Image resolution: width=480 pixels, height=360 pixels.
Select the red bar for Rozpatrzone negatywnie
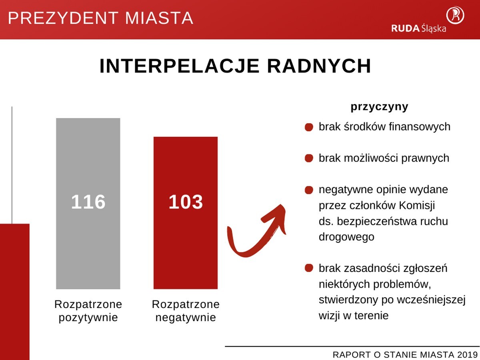pos(186,248)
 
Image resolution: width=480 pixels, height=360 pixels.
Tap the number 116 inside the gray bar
pos(88,202)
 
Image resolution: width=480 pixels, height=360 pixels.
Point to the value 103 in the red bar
pos(186,202)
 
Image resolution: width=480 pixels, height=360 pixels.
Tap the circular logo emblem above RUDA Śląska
pos(455,14)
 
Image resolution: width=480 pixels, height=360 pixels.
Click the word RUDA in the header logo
pos(405,28)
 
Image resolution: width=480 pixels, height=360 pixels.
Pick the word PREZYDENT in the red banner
pos(64,18)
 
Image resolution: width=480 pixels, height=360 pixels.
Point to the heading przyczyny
pos(379,107)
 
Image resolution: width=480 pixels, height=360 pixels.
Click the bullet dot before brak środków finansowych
pos(308,127)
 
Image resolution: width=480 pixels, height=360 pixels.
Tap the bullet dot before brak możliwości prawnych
pos(308,158)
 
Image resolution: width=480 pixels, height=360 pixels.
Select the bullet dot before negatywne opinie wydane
pos(308,190)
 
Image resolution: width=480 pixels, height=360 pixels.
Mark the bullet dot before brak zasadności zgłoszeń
pos(308,268)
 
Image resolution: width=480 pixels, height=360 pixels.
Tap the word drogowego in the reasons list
pos(346,237)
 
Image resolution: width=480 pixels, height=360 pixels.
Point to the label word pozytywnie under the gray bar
pos(88,318)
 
